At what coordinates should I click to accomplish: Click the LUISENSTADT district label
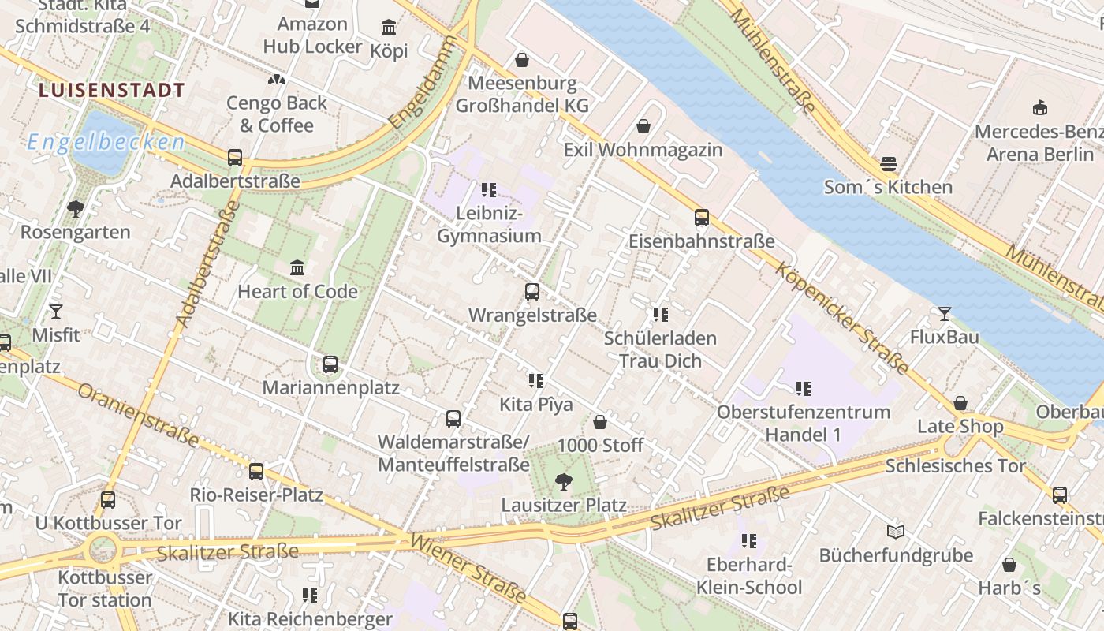111,90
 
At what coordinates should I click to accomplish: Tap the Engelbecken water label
106,142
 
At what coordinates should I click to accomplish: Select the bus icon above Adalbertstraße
235,158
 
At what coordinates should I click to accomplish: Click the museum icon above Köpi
389,28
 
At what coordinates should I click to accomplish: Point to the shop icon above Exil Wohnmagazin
643,126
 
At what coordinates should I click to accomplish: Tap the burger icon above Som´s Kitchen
888,164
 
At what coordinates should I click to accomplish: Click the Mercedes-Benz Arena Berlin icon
1040,108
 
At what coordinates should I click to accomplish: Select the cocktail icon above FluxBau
944,314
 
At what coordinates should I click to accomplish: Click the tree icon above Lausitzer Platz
564,481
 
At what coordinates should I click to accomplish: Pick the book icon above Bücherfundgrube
895,532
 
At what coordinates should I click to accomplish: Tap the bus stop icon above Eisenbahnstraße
702,218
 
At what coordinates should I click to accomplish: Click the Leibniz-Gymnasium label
489,225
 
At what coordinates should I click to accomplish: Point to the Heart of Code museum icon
297,268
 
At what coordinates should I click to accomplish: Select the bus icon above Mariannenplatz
330,364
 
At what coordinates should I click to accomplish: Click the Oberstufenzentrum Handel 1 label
803,423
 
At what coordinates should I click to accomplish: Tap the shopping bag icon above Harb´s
1009,565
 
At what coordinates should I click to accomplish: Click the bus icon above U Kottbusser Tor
108,500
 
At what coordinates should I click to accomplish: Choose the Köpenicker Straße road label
842,317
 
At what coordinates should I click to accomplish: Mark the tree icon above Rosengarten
76,209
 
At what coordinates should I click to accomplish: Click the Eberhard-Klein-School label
748,576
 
